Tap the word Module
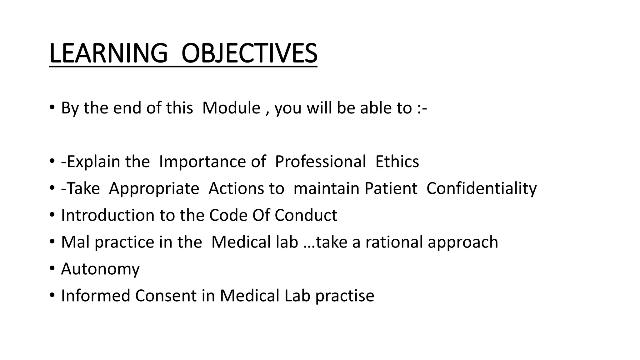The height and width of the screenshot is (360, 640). (x=231, y=108)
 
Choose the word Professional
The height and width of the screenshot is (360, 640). (x=320, y=162)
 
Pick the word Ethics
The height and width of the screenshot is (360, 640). (x=397, y=162)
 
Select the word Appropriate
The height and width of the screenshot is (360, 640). (x=154, y=189)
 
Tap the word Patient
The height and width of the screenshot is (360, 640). (x=391, y=189)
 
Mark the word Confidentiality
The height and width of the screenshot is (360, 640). (x=482, y=189)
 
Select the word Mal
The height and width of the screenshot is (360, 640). (x=75, y=242)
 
